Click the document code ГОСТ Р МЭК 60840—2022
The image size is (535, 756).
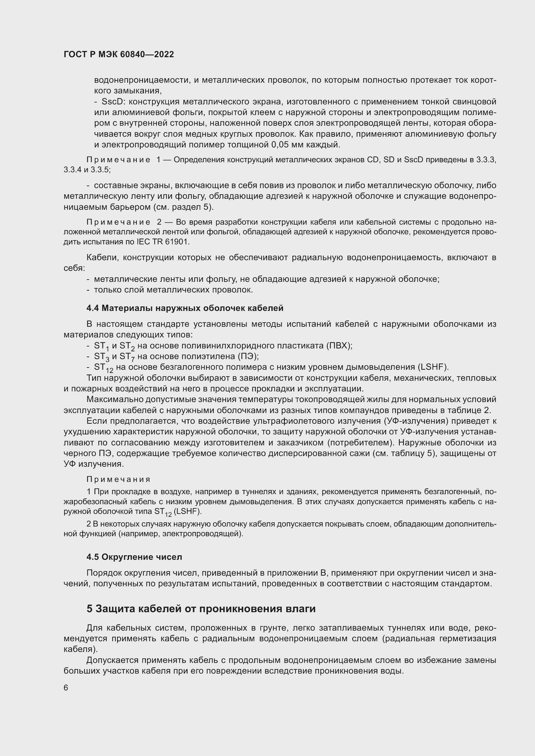(x=119, y=55)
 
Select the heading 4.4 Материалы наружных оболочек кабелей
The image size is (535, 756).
(x=185, y=308)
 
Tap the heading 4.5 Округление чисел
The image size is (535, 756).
(x=134, y=557)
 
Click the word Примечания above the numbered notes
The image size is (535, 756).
(x=119, y=479)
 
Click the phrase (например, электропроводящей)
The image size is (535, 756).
(x=181, y=533)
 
